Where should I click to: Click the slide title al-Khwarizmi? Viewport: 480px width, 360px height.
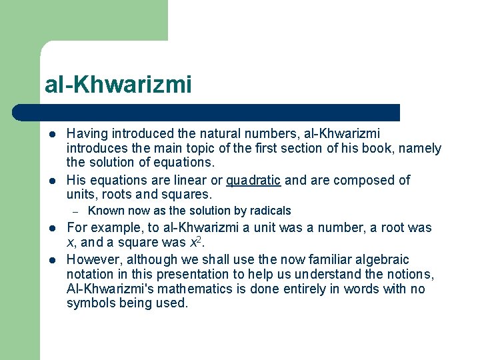tap(118, 85)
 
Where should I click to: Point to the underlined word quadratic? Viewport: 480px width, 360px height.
tap(253, 180)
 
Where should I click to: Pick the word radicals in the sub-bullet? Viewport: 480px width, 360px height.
tap(269, 211)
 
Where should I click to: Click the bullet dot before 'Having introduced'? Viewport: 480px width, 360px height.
tap(51, 134)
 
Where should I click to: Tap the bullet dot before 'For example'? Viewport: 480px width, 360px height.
tap(51, 228)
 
